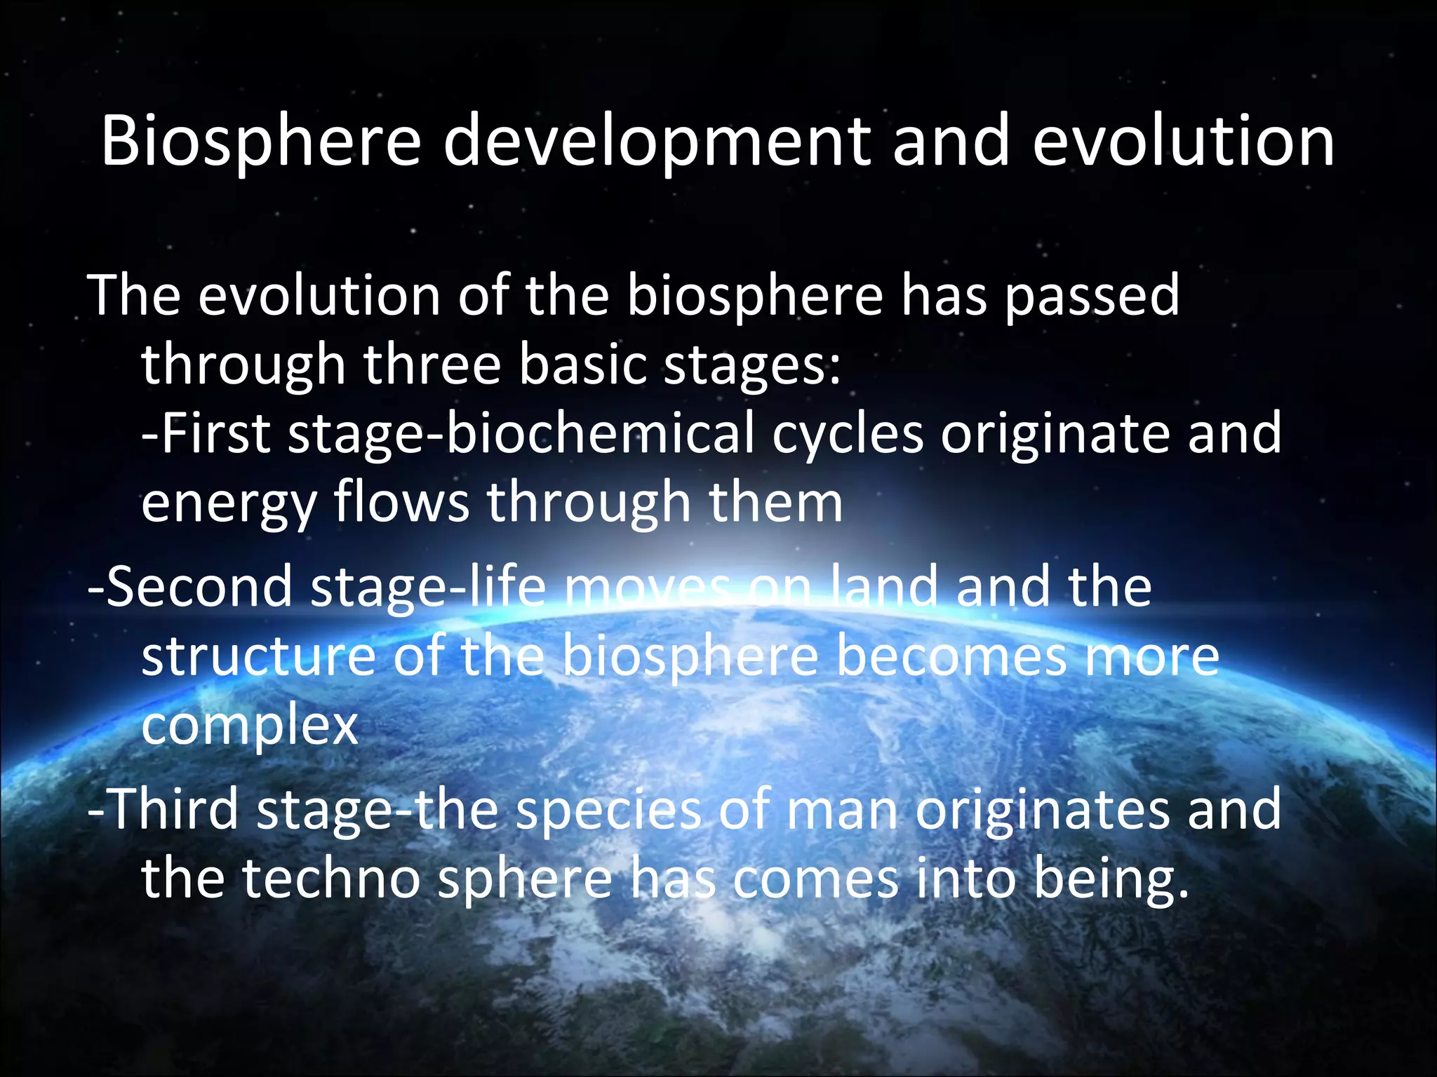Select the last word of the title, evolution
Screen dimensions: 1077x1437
[1183, 142]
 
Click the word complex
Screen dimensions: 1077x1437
[250, 726]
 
